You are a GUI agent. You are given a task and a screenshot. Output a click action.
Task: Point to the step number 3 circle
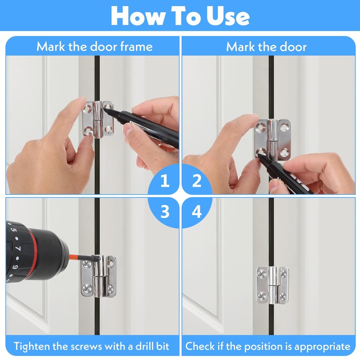click(x=164, y=211)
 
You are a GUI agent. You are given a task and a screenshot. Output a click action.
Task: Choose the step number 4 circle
click(x=197, y=211)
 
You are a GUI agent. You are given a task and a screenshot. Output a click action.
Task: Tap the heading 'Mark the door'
click(x=266, y=47)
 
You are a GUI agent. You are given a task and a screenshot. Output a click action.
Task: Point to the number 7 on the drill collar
click(x=18, y=249)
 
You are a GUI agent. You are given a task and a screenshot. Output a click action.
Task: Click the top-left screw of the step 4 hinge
click(x=262, y=274)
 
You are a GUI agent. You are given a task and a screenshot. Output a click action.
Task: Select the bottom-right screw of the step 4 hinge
click(x=283, y=296)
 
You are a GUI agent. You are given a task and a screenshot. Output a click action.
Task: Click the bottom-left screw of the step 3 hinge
click(x=87, y=287)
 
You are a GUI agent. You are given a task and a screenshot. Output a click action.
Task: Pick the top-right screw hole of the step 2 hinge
click(x=284, y=126)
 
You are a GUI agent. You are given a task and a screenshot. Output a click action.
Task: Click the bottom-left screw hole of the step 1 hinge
click(x=88, y=131)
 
